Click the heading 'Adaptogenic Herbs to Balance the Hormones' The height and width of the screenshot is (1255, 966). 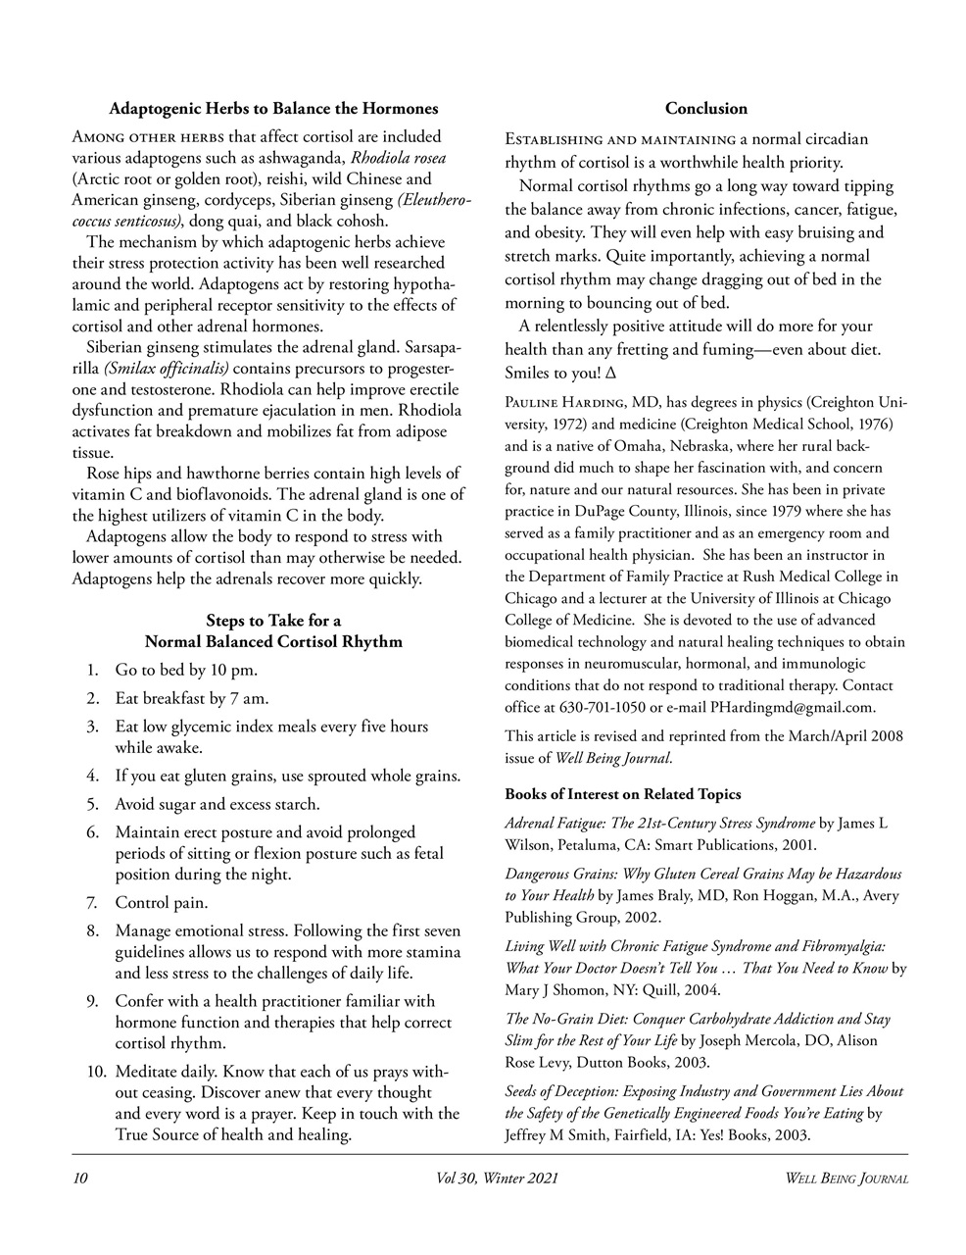(273, 108)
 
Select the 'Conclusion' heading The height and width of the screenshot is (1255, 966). (705, 108)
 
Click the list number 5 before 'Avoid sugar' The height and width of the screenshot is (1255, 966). (92, 804)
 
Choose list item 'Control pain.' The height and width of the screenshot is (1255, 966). (162, 902)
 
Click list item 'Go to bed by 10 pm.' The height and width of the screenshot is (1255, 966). (186, 671)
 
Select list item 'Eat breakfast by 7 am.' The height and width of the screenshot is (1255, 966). (192, 699)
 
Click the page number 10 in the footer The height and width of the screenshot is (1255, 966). (80, 1178)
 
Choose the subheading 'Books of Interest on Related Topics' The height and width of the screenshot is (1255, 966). (623, 793)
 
